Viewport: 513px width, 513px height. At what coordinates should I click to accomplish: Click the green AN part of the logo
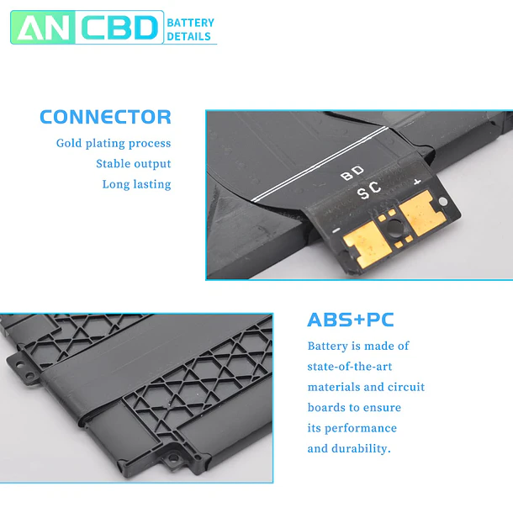coord(43,28)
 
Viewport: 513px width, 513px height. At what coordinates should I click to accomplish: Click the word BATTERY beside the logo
coord(190,23)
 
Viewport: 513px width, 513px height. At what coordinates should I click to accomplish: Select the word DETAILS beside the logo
coord(188,36)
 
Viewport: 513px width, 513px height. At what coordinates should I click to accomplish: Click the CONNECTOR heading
coord(105,117)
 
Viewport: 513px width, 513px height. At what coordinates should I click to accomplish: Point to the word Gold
coord(69,143)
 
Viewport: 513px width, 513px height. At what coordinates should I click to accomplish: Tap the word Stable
coord(114,163)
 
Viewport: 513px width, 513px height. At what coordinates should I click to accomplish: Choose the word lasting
coord(152,184)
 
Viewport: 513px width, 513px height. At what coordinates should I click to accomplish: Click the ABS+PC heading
coord(351,320)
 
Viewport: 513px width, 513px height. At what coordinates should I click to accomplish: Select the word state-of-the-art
coord(349,367)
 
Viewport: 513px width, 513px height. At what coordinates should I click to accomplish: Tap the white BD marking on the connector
coord(352,173)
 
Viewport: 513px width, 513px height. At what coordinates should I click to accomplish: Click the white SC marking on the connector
coord(369,190)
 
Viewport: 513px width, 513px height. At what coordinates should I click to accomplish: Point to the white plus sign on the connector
coord(417,182)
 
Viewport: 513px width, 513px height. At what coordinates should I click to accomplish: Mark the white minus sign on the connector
coord(336,230)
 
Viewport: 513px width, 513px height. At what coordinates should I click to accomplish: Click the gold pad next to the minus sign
coord(368,243)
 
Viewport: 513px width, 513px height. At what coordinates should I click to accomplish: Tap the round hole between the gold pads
coord(394,226)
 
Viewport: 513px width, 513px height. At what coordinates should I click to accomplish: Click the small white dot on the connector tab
coord(442,201)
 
